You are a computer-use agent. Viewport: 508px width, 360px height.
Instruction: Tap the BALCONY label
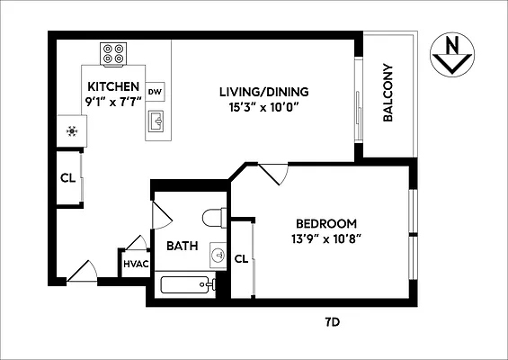coord(389,93)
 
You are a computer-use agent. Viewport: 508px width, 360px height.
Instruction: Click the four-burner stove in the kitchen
coord(113,54)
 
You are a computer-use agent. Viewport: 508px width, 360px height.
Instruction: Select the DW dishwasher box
coord(156,91)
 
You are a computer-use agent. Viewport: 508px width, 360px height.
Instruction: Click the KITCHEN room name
coord(113,86)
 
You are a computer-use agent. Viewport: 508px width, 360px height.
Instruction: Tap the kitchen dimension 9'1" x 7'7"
coord(113,101)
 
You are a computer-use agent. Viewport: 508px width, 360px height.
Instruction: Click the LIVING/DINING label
coord(264,91)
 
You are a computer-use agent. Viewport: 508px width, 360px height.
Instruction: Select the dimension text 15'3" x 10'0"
coord(264,106)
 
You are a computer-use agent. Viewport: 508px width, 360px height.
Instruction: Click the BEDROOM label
coord(327,224)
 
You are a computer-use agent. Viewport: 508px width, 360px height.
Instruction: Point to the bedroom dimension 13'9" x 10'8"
coord(327,239)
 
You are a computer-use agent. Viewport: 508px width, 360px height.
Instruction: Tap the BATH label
coord(182,245)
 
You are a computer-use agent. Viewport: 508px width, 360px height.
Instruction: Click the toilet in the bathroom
coord(212,219)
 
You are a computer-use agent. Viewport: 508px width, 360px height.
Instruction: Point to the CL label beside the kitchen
coord(67,177)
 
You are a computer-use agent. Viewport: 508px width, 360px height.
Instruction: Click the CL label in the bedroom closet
coord(241,259)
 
